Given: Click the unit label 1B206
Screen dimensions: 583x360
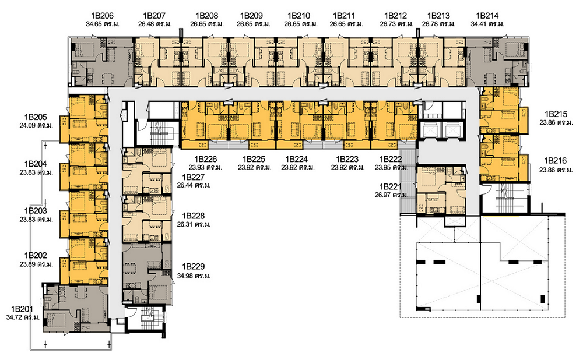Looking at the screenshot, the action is (x=102, y=16).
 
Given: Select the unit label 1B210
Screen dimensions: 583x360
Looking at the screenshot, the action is (x=298, y=16).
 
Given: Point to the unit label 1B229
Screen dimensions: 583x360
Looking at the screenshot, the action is (x=194, y=267).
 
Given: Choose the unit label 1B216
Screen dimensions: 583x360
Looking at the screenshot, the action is (x=556, y=161).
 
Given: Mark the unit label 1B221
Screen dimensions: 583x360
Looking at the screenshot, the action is (x=391, y=186).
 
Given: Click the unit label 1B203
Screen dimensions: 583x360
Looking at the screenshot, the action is (x=36, y=211).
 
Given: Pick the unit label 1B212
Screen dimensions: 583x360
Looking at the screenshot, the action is (x=396, y=16).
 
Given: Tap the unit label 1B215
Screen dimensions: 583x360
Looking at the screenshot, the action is (x=556, y=114).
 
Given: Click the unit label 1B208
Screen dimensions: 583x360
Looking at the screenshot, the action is (x=207, y=16).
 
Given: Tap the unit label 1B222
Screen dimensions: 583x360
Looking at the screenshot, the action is (x=391, y=159).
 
